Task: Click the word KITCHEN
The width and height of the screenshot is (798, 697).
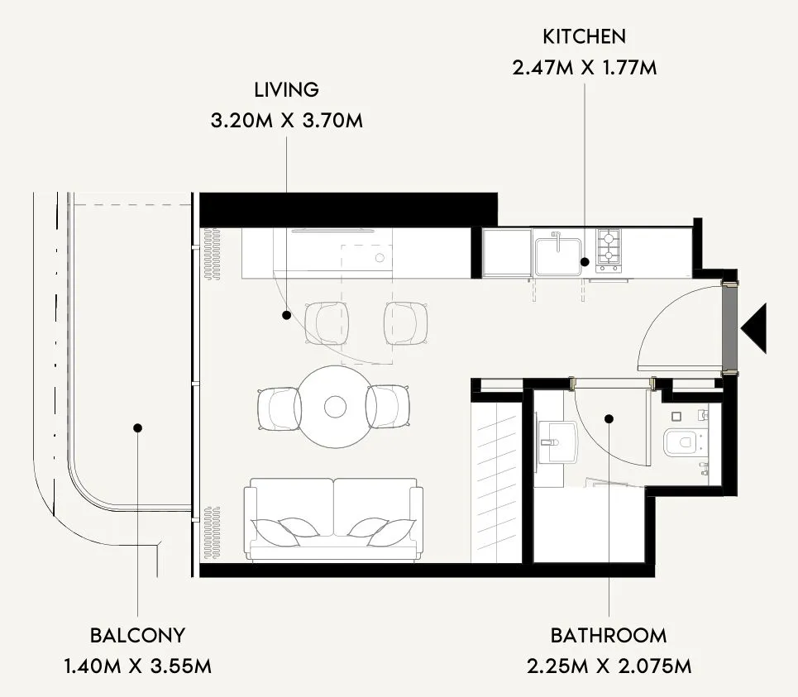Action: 585,36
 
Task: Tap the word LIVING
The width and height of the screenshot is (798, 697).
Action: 286,90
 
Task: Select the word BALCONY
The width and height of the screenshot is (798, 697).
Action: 137,636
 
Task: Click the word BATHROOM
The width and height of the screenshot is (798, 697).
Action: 609,636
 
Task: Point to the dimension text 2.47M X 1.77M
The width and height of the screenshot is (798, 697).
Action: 585,68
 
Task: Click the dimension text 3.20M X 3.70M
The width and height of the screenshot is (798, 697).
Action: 286,121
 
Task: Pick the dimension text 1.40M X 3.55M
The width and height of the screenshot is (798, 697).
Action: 137,666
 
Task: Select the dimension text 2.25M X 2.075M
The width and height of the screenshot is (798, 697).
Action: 609,666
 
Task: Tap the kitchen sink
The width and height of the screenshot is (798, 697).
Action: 558,253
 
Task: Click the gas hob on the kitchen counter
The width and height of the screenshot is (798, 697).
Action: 609,251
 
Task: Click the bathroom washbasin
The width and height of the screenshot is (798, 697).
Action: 558,442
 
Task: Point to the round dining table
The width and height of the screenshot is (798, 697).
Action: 335,407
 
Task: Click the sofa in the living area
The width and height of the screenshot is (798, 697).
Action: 333,519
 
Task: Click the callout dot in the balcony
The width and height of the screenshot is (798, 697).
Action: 137,427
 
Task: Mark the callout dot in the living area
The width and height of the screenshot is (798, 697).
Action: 286,316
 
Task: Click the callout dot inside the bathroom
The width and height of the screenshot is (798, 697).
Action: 609,419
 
